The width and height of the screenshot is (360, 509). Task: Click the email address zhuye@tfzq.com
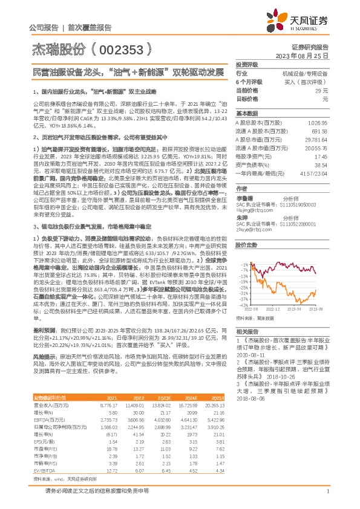pyautogui.click(x=251, y=230)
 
